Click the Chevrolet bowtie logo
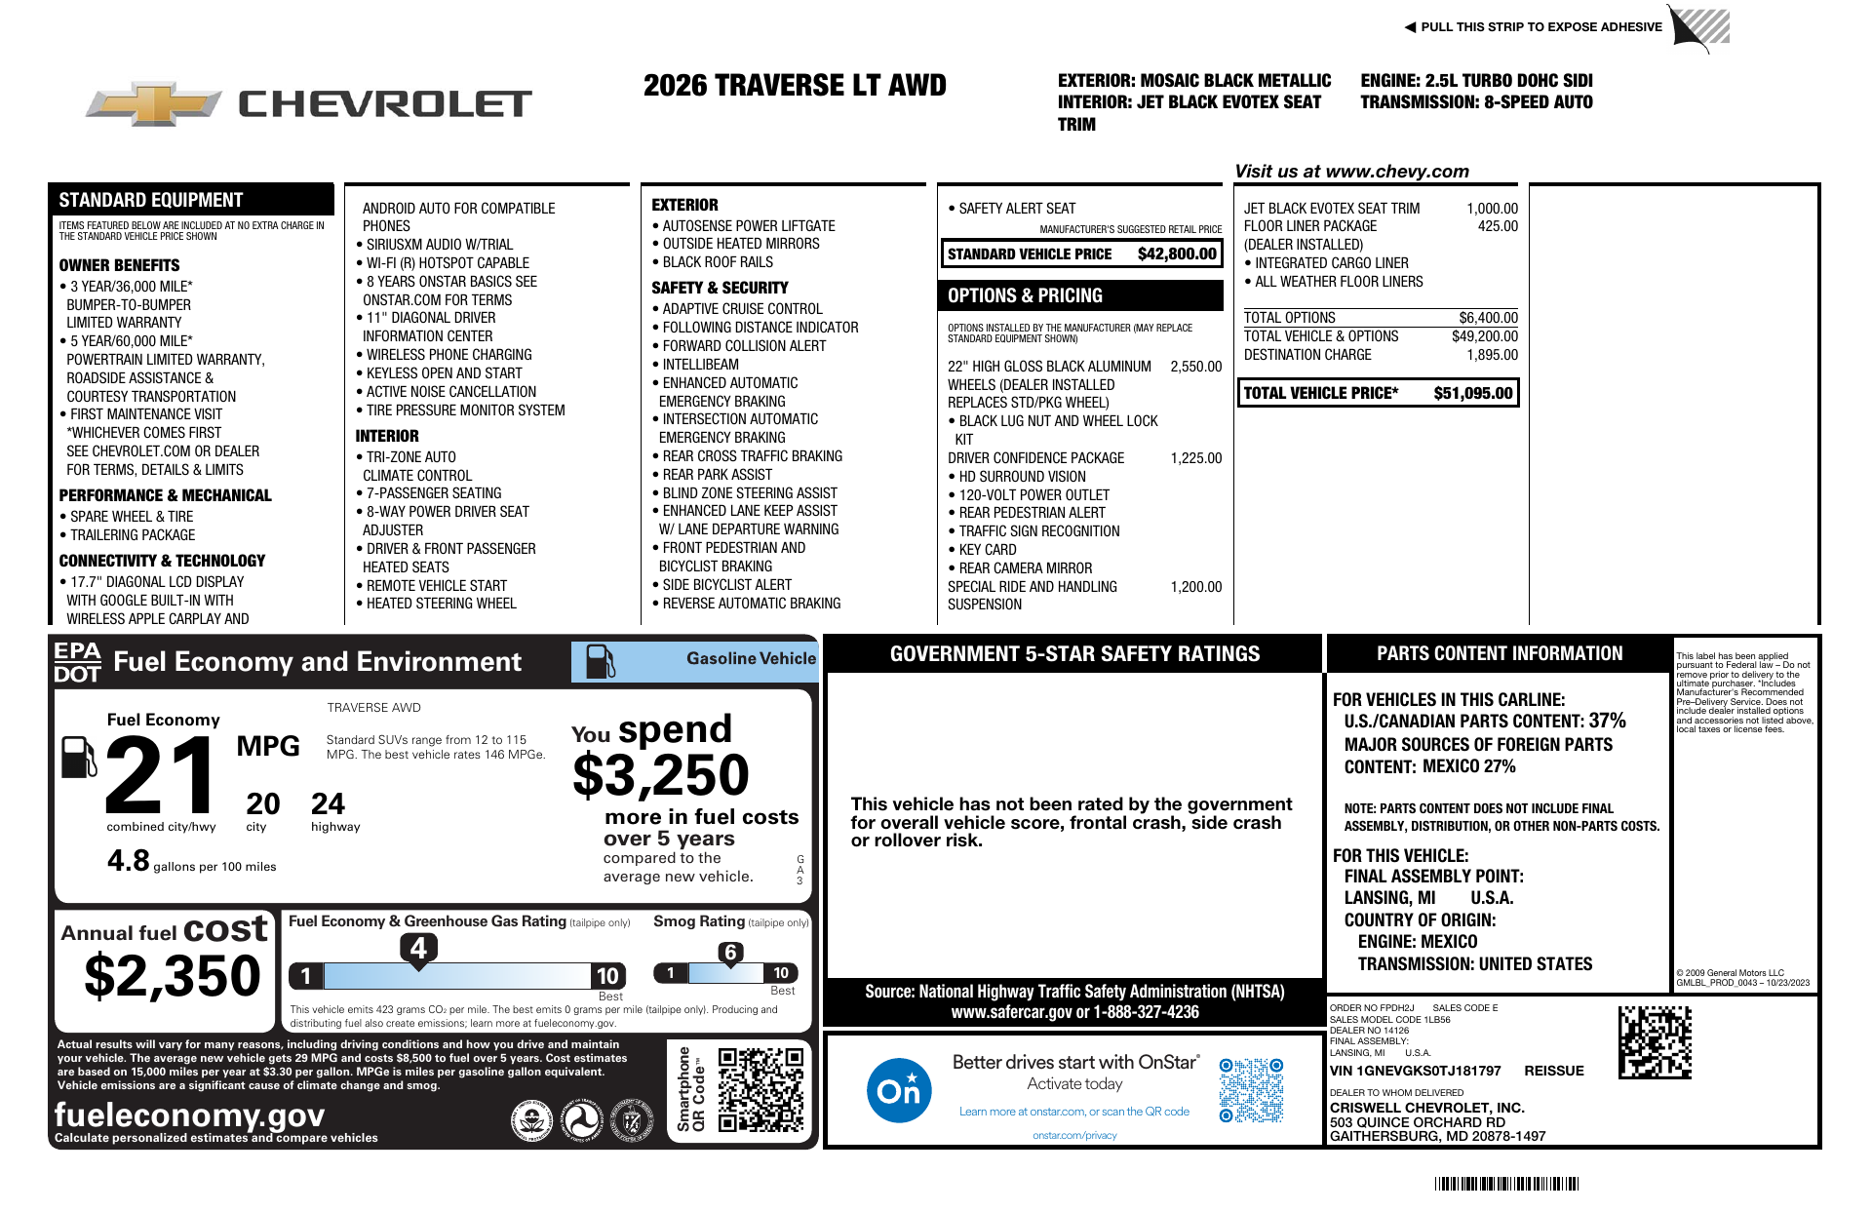tap(153, 103)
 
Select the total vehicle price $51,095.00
tap(1472, 393)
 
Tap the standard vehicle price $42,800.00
tap(1177, 254)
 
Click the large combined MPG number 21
tap(162, 775)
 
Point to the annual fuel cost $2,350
tap(173, 976)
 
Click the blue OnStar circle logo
tap(898, 1090)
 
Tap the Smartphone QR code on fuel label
tap(760, 1089)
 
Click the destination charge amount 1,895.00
tap(1492, 355)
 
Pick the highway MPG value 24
tap(328, 804)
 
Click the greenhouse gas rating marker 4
tap(418, 948)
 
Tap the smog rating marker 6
tap(730, 953)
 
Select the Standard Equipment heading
tap(151, 200)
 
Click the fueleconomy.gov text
tap(189, 1114)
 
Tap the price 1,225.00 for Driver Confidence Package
tap(1195, 458)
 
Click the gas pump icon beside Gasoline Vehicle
tap(600, 661)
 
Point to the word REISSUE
tap(1553, 1071)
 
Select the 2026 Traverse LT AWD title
tap(795, 86)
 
